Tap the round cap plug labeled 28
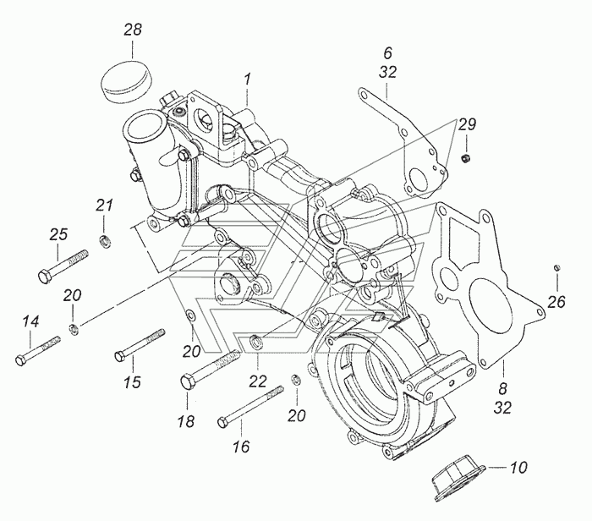(x=123, y=78)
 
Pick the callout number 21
(x=103, y=205)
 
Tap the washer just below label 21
(x=104, y=244)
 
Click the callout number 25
(x=58, y=233)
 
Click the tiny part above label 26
(x=556, y=269)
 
